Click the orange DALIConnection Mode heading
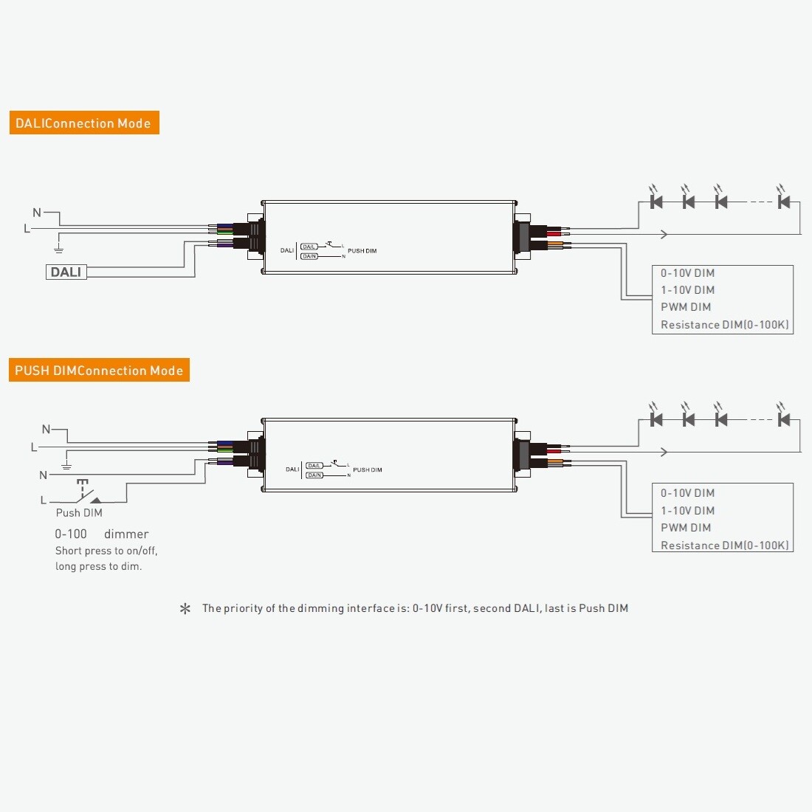[x=83, y=123]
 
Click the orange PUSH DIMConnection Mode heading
[x=99, y=371]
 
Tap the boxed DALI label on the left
[x=66, y=272]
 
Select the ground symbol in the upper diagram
[x=59, y=249]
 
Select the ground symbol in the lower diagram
[x=66, y=465]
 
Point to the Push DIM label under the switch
[x=79, y=513]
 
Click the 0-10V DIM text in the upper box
[x=687, y=273]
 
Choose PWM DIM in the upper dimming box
[x=686, y=307]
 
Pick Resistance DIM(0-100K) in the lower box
[x=724, y=546]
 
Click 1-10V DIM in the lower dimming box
[x=687, y=511]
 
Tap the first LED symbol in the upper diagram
[x=656, y=201]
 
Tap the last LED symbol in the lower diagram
[x=784, y=419]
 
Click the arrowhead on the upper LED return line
[x=664, y=235]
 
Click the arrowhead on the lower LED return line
[x=664, y=452]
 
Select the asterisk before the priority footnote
[x=185, y=609]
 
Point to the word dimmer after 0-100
[x=126, y=534]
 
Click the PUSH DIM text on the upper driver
[x=362, y=251]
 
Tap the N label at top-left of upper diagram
[x=37, y=213]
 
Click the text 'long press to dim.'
[x=98, y=567]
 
